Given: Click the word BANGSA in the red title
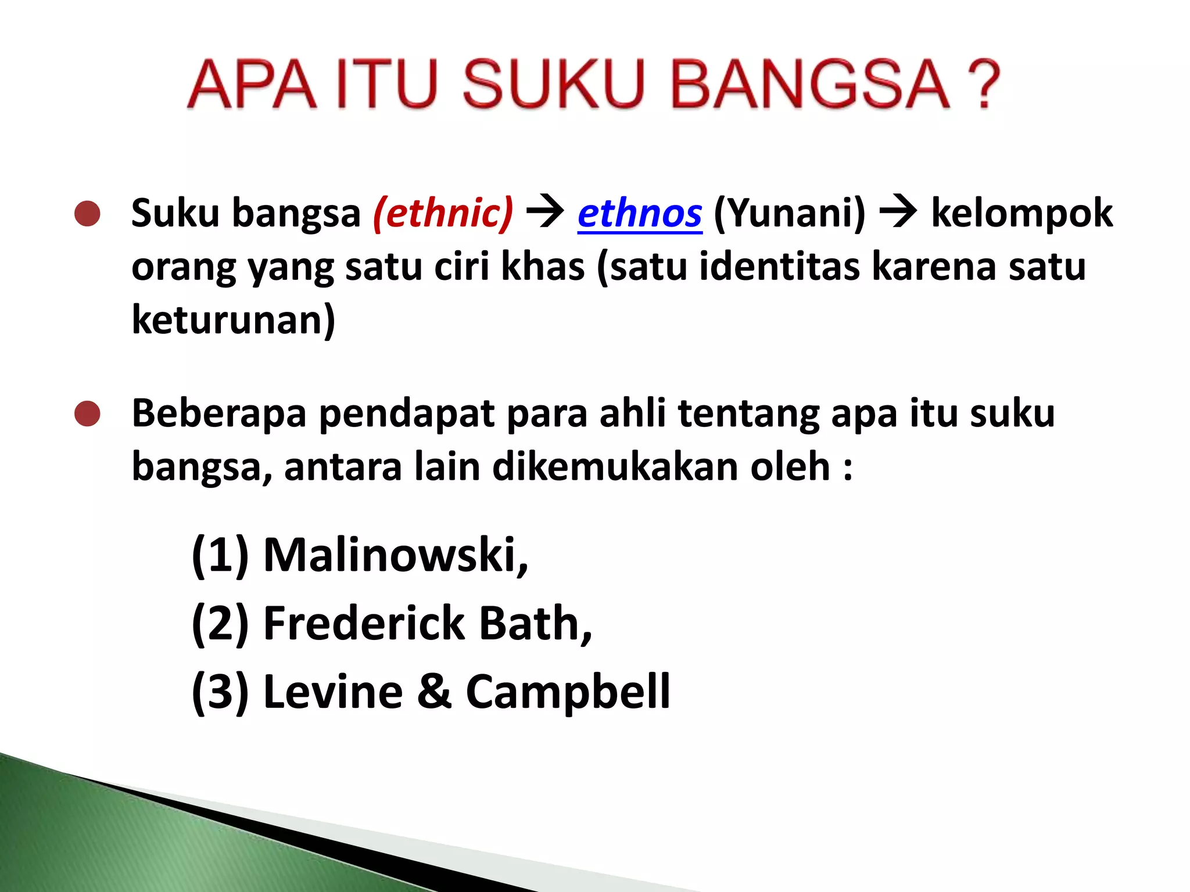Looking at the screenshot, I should [x=810, y=84].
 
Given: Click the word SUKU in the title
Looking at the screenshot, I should [x=553, y=84].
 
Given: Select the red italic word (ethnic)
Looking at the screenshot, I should [x=443, y=213].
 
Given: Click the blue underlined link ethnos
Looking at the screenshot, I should [x=640, y=214].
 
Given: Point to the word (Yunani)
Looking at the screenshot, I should [x=789, y=213].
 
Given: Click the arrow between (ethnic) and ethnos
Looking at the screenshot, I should [x=545, y=213].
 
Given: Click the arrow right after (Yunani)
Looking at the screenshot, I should [x=898, y=213].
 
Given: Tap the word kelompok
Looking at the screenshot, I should [x=1021, y=213].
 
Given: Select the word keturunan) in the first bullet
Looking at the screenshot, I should [x=234, y=319].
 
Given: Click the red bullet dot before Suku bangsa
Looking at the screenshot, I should [x=88, y=214].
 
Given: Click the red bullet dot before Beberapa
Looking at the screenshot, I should [x=88, y=413].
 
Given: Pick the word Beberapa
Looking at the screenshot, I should [x=219, y=413].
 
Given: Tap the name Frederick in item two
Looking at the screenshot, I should [x=364, y=623].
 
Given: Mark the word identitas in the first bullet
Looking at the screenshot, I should [x=779, y=267].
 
